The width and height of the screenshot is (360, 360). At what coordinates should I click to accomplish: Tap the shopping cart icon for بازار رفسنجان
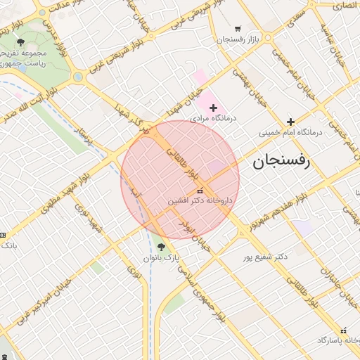[x=238, y=29]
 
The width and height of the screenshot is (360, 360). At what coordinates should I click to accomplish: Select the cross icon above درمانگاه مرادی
[x=214, y=107]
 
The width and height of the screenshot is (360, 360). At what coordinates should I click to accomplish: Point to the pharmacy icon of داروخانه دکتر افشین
[x=200, y=191]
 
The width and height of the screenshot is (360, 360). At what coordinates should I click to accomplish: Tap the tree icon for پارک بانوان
[x=162, y=247]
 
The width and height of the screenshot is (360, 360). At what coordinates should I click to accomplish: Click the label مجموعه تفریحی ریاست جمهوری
[x=23, y=58]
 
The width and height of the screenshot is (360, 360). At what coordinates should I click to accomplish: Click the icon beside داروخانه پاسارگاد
[x=343, y=330]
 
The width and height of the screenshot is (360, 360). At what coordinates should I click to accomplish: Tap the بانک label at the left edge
[x=8, y=245]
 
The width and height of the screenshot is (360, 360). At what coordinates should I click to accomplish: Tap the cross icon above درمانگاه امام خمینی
[x=290, y=122]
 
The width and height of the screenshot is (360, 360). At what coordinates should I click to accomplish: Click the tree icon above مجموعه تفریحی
[x=20, y=43]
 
